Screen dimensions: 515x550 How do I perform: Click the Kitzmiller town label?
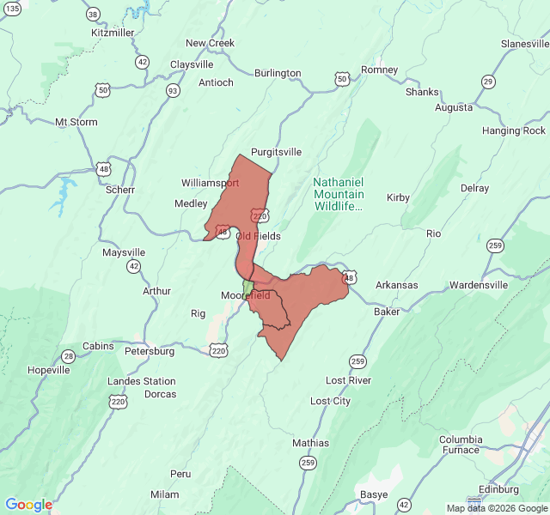(x=113, y=33)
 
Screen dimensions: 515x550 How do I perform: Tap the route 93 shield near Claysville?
(x=173, y=90)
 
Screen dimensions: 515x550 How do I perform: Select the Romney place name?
(x=379, y=70)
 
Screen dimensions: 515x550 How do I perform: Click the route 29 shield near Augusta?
(x=488, y=82)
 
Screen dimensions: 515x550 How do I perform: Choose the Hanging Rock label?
(x=514, y=130)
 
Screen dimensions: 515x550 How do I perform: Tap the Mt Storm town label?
(x=76, y=122)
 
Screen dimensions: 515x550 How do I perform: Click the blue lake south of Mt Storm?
(x=63, y=197)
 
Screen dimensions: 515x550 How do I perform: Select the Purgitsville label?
(x=276, y=152)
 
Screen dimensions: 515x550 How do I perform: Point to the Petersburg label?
(x=150, y=351)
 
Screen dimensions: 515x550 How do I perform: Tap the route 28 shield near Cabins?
(x=68, y=356)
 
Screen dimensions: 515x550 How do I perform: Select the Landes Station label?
(x=142, y=381)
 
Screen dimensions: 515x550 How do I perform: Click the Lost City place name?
(x=330, y=401)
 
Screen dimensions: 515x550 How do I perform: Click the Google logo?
(x=28, y=505)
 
